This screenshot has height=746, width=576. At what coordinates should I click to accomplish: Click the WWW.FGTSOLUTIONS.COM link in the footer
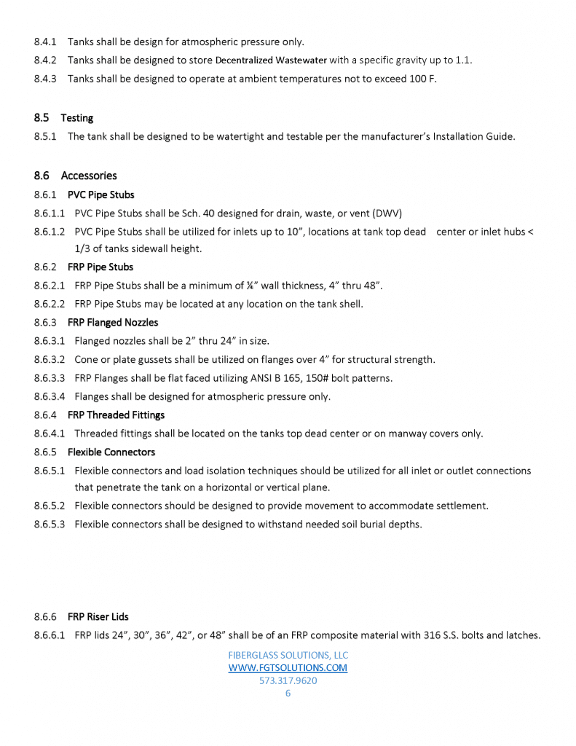pyautogui.click(x=288, y=667)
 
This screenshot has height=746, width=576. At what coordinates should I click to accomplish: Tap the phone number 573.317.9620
pyautogui.click(x=288, y=680)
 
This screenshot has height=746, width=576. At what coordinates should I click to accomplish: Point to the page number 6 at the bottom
pyautogui.click(x=288, y=694)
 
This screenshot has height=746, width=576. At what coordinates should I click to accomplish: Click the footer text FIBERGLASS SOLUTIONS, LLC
pyautogui.click(x=288, y=655)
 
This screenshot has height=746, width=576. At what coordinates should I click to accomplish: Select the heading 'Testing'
pyautogui.click(x=77, y=118)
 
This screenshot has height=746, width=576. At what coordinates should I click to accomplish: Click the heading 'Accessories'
pyautogui.click(x=89, y=176)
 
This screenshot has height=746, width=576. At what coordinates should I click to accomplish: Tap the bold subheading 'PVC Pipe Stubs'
pyautogui.click(x=100, y=195)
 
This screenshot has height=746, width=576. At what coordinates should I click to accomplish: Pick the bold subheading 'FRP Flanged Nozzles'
pyautogui.click(x=113, y=322)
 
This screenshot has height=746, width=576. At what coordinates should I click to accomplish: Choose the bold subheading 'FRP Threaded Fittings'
pyautogui.click(x=116, y=415)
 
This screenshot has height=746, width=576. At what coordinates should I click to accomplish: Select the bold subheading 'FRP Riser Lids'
pyautogui.click(x=98, y=616)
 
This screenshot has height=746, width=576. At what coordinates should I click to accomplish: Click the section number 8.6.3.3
pyautogui.click(x=50, y=378)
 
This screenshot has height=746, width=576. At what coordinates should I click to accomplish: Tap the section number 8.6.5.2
pyautogui.click(x=50, y=506)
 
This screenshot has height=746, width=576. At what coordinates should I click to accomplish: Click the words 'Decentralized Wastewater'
pyautogui.click(x=271, y=60)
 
